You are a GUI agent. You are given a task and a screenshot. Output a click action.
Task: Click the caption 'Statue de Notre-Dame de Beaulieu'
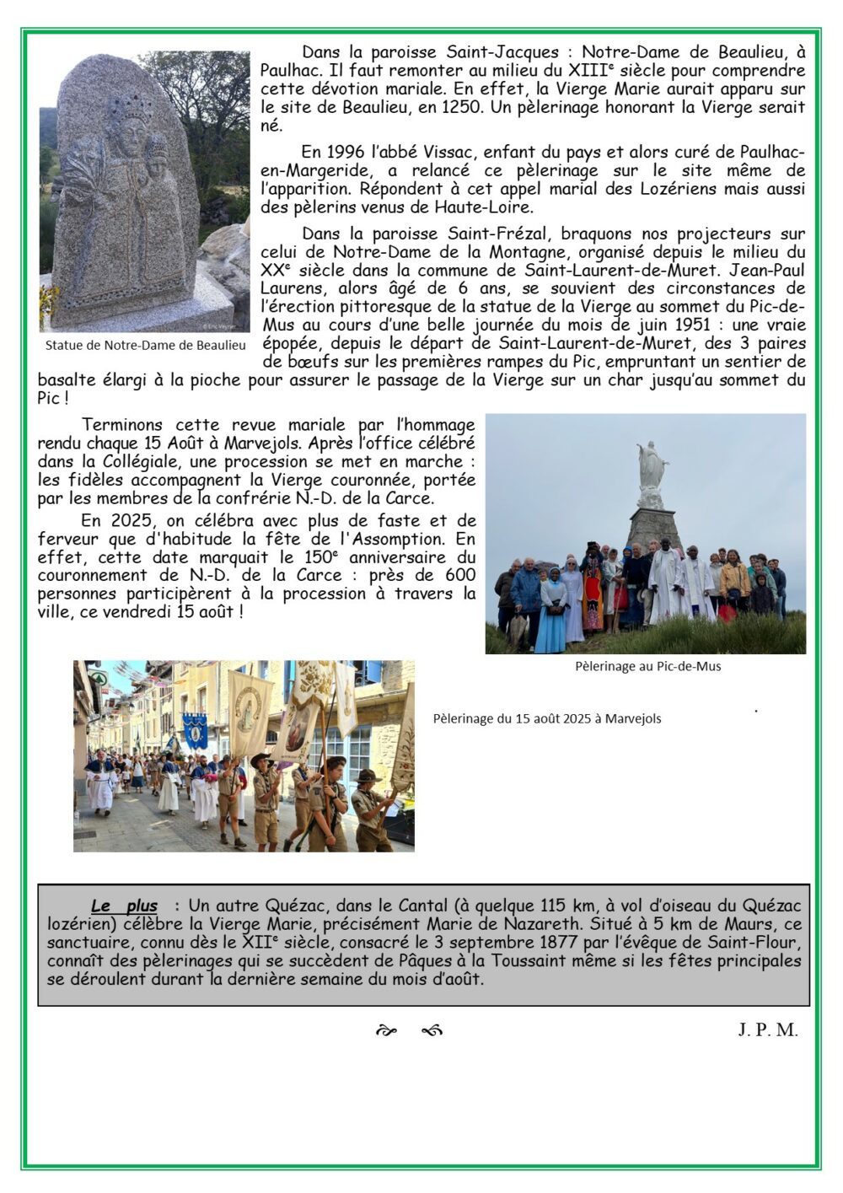pyautogui.click(x=146, y=345)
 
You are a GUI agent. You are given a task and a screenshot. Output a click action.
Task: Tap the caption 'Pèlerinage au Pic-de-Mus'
pyautogui.click(x=647, y=666)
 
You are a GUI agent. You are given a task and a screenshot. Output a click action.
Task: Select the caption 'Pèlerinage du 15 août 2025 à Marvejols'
pyautogui.click(x=547, y=719)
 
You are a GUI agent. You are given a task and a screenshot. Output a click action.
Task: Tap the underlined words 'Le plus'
pyautogui.click(x=124, y=906)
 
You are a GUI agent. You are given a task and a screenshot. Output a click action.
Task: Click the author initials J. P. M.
pyautogui.click(x=767, y=1029)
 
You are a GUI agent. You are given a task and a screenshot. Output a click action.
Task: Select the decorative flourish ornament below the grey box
pyautogui.click(x=410, y=1030)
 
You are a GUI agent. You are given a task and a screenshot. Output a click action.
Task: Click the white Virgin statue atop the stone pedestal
pyautogui.click(x=651, y=465)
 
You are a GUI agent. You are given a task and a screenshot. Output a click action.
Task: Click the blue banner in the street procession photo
pyautogui.click(x=195, y=730)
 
